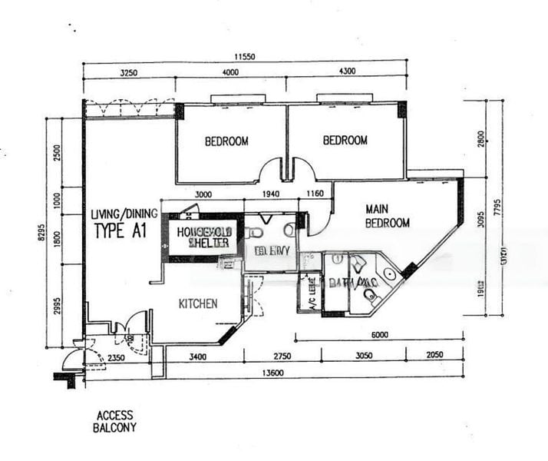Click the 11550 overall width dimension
(245, 57)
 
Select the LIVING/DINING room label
(124, 214)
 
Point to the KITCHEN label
(198, 303)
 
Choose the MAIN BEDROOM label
(387, 216)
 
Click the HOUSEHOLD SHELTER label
(203, 237)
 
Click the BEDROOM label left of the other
(226, 141)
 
